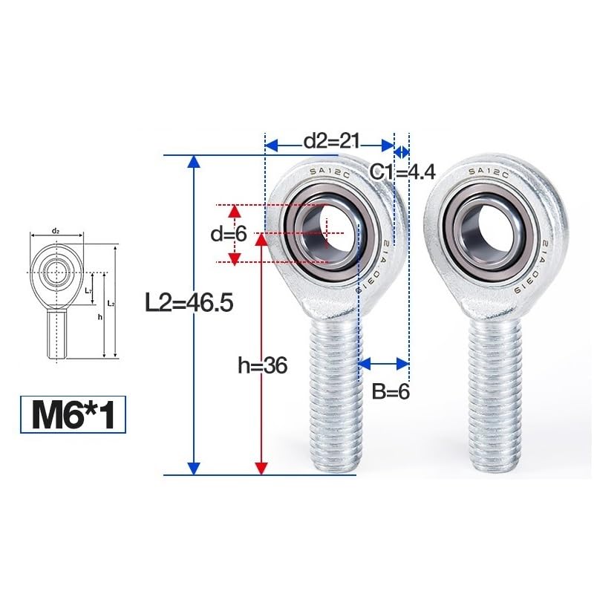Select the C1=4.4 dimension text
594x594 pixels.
pyautogui.click(x=402, y=172)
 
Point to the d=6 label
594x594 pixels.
pyautogui.click(x=227, y=235)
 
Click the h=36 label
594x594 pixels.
pyautogui.click(x=262, y=365)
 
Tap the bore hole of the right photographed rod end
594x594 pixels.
pyautogui.click(x=492, y=226)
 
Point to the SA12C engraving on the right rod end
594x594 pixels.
pyautogui.click(x=487, y=172)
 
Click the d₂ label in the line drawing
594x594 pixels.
pyautogui.click(x=56, y=232)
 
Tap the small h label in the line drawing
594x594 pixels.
pyautogui.click(x=99, y=316)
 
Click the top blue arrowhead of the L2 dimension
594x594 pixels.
pyautogui.click(x=194, y=162)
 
